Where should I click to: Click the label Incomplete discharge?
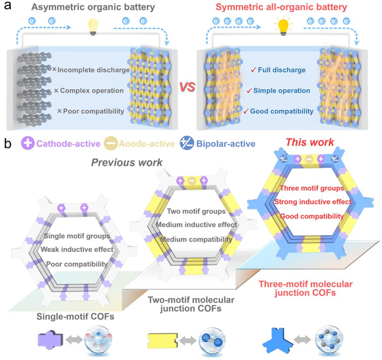93,69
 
